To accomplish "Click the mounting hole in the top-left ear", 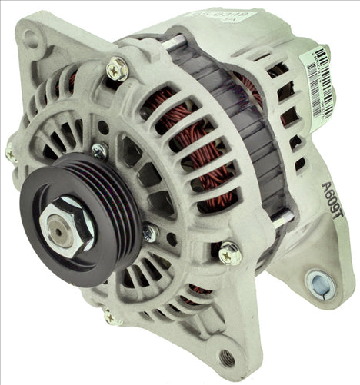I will pyautogui.click(x=30, y=36).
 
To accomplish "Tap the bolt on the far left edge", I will pyautogui.click(x=12, y=153).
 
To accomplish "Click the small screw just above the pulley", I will pyautogui.click(x=98, y=151).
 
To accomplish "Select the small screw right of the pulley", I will pyautogui.click(x=149, y=233).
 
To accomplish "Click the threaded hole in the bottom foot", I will pyautogui.click(x=226, y=357).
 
